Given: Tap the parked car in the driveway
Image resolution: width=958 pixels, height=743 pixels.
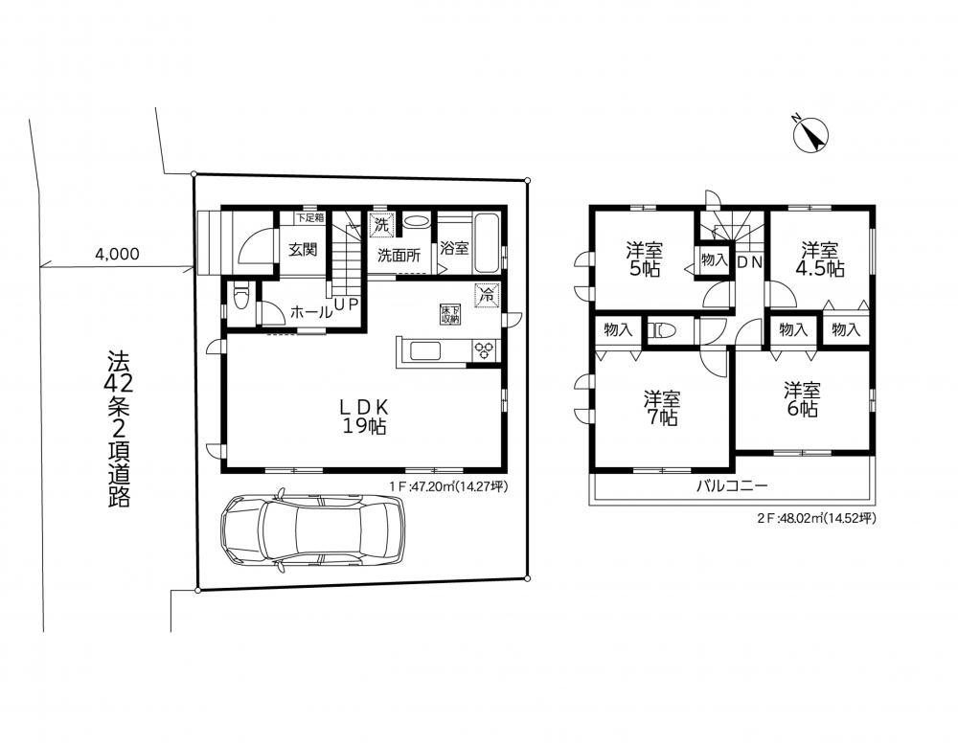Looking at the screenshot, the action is [x=312, y=529].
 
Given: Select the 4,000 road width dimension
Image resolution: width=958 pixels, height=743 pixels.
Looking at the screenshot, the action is [x=117, y=254].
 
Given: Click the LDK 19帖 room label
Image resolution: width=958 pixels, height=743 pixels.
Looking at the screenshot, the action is [x=364, y=417].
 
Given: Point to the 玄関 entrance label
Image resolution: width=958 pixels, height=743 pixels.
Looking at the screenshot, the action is [x=303, y=250].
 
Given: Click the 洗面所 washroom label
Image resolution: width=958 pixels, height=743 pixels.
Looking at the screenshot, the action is [x=399, y=256].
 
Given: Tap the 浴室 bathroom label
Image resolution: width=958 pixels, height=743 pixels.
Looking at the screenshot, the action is [x=454, y=249].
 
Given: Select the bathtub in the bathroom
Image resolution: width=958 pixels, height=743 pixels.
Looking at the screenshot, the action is [x=487, y=242].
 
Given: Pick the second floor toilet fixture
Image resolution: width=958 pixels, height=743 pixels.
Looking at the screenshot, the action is [x=661, y=331].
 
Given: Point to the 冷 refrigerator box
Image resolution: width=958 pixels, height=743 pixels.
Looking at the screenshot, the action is [x=487, y=296].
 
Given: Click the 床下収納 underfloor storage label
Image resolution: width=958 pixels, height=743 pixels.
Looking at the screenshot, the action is [x=450, y=314].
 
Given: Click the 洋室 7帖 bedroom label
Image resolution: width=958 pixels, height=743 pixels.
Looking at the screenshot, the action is [x=662, y=408].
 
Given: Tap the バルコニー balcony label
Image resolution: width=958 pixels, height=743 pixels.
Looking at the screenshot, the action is [x=731, y=486].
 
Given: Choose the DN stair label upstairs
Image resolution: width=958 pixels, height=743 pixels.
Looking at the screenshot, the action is [x=750, y=262].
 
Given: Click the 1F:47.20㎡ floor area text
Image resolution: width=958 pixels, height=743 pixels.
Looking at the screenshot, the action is [x=448, y=486].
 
